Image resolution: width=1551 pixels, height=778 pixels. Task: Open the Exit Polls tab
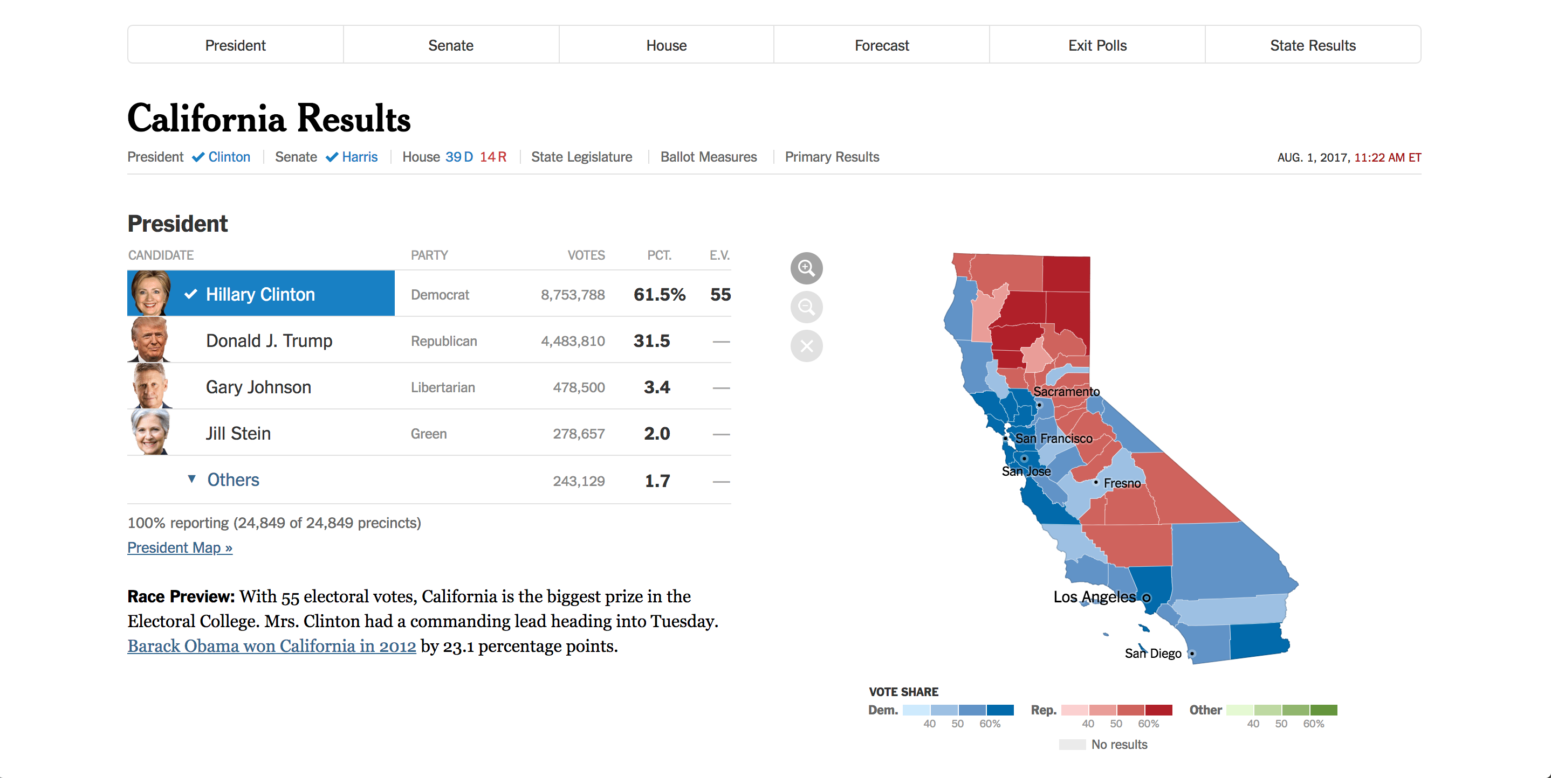click(x=1097, y=45)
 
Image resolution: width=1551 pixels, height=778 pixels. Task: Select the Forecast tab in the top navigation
click(x=881, y=45)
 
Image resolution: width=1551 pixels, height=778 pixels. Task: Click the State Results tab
click(x=1313, y=45)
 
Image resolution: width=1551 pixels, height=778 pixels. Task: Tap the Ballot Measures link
click(x=708, y=157)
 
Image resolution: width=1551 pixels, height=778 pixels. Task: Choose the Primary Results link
click(x=832, y=157)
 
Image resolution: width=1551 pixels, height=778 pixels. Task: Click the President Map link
click(x=180, y=547)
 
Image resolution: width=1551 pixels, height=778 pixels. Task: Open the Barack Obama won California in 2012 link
click(x=272, y=645)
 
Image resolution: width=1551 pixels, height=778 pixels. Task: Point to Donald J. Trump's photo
click(x=149, y=340)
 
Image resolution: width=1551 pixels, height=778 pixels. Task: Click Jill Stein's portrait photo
click(x=149, y=433)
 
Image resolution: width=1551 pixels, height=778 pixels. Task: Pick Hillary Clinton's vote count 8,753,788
click(x=572, y=295)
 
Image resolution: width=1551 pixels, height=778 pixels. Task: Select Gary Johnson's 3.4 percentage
click(x=656, y=387)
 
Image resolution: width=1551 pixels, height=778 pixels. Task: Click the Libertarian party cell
click(x=443, y=387)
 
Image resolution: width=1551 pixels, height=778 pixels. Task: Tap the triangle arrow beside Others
click(x=191, y=479)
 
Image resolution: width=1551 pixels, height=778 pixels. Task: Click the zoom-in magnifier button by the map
click(x=806, y=268)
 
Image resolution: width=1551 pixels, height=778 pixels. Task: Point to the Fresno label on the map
click(x=1122, y=483)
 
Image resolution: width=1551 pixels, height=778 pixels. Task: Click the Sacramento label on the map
click(x=1066, y=392)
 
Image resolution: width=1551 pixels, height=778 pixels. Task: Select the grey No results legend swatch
click(x=1072, y=744)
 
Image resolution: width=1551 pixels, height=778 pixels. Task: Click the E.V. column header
click(x=719, y=255)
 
